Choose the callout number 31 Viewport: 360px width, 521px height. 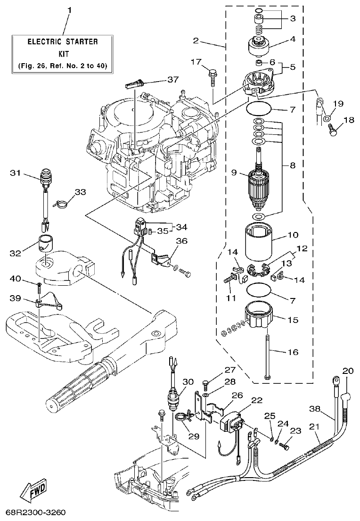coord(16,173)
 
